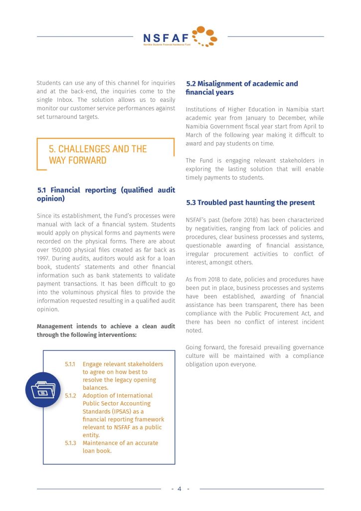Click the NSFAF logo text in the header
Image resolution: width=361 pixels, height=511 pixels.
coord(166,37)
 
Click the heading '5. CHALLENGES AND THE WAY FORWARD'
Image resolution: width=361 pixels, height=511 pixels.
coord(98,155)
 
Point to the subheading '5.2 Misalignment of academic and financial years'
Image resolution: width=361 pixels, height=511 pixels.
coord(242,88)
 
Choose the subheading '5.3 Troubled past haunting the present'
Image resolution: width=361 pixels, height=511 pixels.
coord(250,203)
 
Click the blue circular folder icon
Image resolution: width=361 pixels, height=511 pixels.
coord(43,389)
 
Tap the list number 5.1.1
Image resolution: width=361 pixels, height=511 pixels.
coord(70,364)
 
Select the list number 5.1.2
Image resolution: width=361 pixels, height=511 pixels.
coord(70,396)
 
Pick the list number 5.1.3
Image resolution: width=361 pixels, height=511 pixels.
coord(70,443)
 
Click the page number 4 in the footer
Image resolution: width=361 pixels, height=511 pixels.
coord(180,489)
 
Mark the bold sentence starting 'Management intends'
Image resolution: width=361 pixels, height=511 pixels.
coord(106,330)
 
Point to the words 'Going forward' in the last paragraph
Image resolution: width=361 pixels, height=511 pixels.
coord(204,347)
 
